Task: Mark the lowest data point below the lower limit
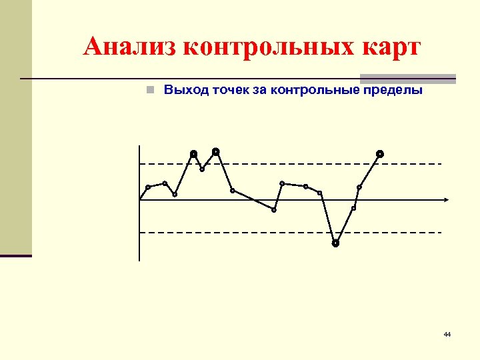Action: [335, 243]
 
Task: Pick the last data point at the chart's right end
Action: [379, 154]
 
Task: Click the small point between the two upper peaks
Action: [202, 169]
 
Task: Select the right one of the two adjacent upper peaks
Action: [216, 151]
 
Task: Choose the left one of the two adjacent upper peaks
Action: [193, 154]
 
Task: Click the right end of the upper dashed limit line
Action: [439, 163]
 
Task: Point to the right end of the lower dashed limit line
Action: [439, 232]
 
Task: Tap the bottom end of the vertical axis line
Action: [140, 259]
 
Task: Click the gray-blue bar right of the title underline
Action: [408, 78]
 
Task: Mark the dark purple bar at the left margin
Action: [16, 255]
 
